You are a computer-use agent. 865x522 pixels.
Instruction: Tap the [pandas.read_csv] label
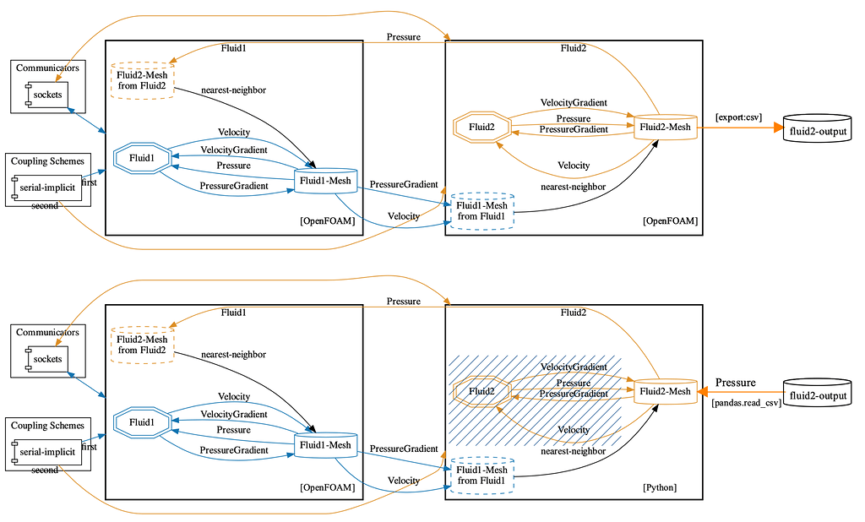click(746, 404)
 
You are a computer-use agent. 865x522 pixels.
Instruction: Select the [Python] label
click(661, 487)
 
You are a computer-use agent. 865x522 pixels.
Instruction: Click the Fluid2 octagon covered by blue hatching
click(481, 391)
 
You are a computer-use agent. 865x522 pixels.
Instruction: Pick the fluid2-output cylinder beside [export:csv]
click(815, 132)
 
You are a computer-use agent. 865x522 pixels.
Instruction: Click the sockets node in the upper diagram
click(47, 95)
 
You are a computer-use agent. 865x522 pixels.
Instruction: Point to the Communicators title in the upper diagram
click(47, 68)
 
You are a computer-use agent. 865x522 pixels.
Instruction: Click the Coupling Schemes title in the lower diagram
click(48, 426)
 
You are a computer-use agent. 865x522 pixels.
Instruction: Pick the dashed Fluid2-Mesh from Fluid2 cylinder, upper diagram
click(142, 80)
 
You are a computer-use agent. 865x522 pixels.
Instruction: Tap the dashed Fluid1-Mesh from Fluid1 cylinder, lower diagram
click(481, 476)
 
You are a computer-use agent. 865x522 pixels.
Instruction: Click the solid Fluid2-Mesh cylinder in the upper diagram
click(666, 128)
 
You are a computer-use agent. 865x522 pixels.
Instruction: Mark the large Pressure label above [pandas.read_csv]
click(735, 383)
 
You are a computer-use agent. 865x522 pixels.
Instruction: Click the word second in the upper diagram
click(45, 206)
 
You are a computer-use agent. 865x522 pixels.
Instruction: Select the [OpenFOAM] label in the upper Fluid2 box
click(670, 221)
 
